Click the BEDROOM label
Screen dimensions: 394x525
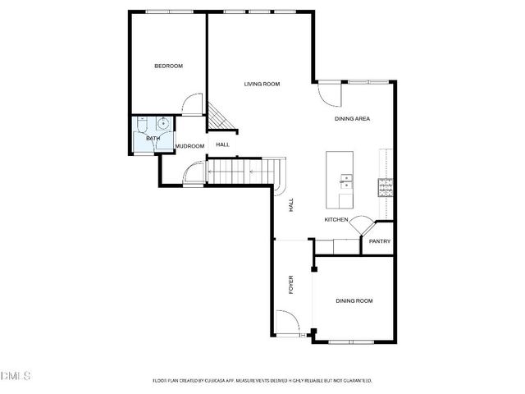pos(168,66)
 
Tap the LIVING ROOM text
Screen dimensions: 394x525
pos(262,84)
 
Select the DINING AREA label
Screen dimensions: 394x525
pos(352,119)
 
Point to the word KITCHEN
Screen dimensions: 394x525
pos(336,220)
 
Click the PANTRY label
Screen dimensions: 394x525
pos(379,241)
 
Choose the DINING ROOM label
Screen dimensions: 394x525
pos(354,301)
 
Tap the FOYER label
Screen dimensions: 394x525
pos(290,286)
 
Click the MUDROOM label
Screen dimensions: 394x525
pos(189,146)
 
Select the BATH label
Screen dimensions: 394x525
pos(153,138)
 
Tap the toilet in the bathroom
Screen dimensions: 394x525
pos(143,126)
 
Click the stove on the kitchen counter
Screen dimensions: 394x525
pos(385,188)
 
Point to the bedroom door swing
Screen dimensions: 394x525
pos(192,103)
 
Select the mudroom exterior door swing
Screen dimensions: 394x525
pos(194,174)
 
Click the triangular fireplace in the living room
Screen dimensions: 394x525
pos(218,117)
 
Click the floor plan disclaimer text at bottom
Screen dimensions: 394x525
pos(262,381)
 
